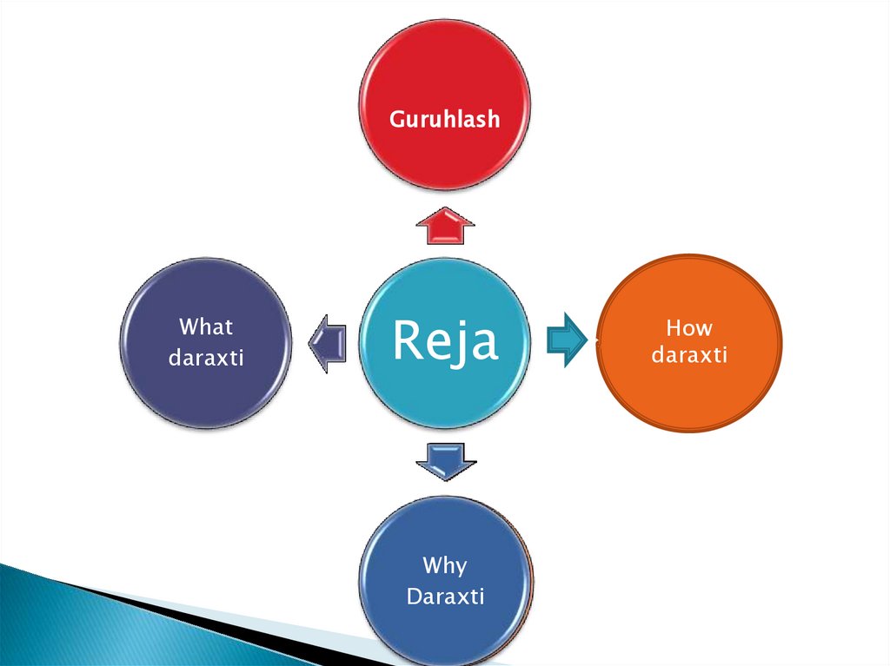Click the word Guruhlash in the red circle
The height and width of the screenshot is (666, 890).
(444, 118)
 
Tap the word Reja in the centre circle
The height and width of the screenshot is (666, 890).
(444, 341)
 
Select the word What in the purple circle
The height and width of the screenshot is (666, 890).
(206, 327)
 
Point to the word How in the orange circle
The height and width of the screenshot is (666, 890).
(688, 328)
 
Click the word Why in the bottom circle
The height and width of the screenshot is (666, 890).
(444, 567)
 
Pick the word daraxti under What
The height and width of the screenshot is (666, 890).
(206, 356)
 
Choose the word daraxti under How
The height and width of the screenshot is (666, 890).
(688, 356)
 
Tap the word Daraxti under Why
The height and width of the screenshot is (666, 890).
(445, 597)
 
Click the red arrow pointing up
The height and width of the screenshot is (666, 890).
(444, 227)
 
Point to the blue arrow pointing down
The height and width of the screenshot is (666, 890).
(446, 460)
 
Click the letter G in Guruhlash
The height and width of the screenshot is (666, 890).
(396, 118)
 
